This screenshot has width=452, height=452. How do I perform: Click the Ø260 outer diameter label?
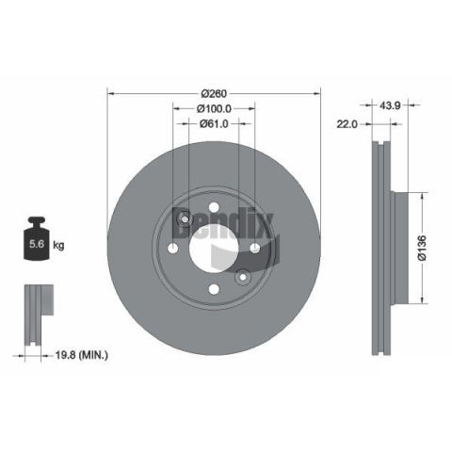pyautogui.click(x=214, y=93)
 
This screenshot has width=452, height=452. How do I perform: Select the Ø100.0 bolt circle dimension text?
pyautogui.click(x=214, y=108)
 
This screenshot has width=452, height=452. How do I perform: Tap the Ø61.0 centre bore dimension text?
pyautogui.click(x=214, y=124)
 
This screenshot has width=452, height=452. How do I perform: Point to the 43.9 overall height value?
pyautogui.click(x=390, y=105)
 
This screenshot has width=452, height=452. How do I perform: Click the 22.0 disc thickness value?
pyautogui.click(x=347, y=124)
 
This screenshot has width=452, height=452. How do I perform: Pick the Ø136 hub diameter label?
pyautogui.click(x=422, y=248)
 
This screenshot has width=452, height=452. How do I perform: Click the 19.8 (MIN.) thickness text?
pyautogui.click(x=82, y=355)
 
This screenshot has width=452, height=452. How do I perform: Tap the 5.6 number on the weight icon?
pyautogui.click(x=37, y=244)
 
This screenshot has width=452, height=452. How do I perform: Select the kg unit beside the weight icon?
pyautogui.click(x=58, y=245)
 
